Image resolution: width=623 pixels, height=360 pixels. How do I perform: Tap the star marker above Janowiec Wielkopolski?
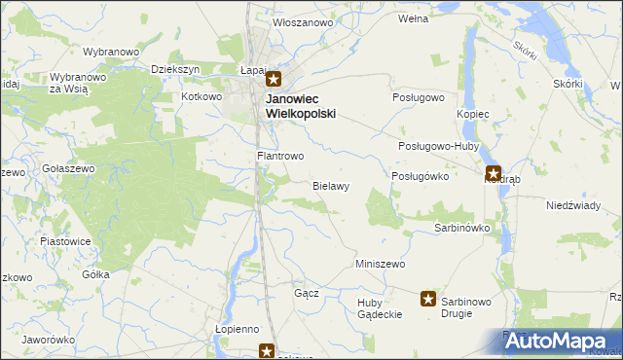(274, 81)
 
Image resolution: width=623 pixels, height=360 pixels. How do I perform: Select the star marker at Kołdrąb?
(494, 174)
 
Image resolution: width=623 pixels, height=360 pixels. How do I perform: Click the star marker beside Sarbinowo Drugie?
(427, 299)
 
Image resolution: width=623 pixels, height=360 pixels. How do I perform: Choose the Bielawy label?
(331, 185)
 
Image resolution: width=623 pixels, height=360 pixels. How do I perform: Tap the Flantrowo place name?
(280, 156)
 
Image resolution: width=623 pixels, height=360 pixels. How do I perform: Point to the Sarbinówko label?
(460, 228)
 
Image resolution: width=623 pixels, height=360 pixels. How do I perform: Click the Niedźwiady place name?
(571, 205)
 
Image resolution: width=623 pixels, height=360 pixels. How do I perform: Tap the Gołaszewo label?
(68, 168)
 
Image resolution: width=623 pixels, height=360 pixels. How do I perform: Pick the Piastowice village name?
(65, 240)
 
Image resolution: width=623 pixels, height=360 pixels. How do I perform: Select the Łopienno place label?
(237, 330)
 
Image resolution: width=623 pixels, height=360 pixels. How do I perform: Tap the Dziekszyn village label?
(176, 70)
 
